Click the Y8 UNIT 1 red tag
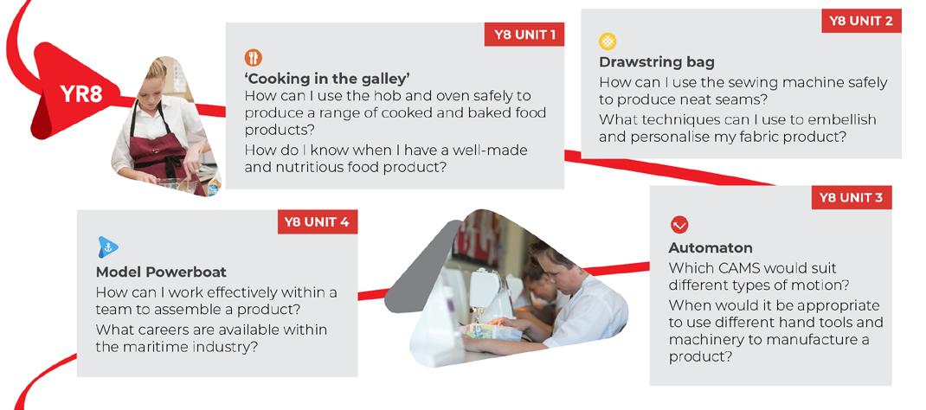point(524,35)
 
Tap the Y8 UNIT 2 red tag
point(861,22)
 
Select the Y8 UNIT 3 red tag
point(851,197)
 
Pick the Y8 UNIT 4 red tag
point(318,221)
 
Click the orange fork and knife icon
point(254,57)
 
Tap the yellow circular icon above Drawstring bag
point(608,42)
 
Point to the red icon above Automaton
point(679,224)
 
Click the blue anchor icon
point(108,247)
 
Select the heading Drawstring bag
point(657,62)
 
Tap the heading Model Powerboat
point(161,272)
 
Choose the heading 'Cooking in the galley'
point(327,79)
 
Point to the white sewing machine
point(486,298)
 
